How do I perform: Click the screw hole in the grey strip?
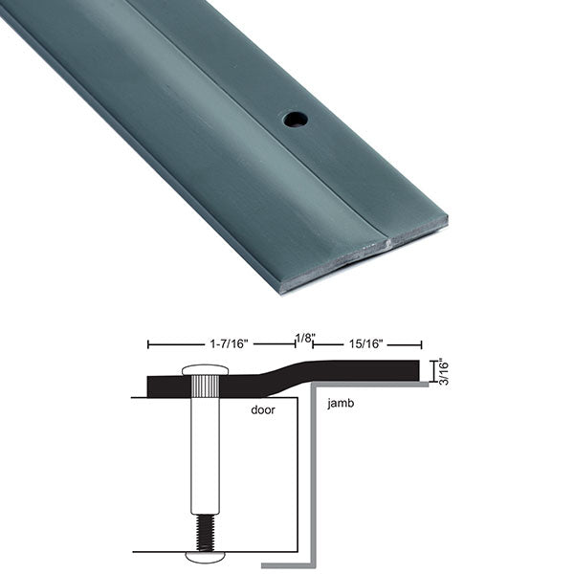pos(294,120)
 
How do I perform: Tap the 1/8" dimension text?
pos(304,338)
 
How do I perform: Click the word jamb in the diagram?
pos(341,404)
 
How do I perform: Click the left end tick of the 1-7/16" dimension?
pos(147,343)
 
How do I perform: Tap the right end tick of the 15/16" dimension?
pos(422,343)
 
